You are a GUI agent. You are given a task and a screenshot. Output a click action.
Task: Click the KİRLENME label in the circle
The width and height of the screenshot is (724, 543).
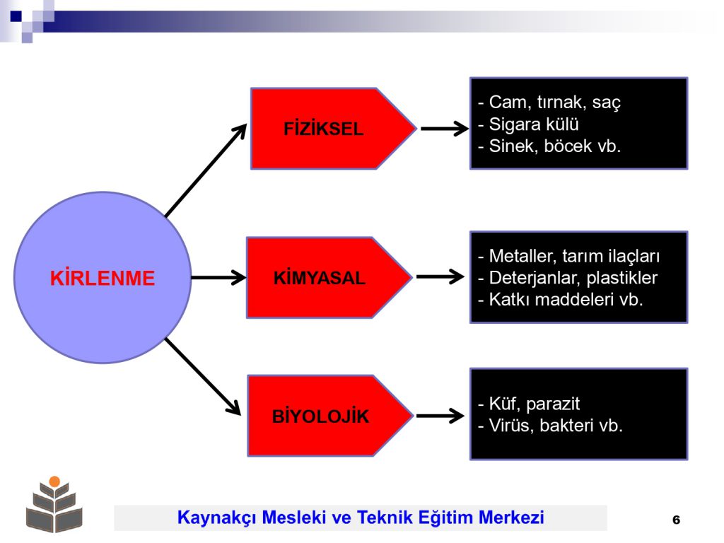[x=103, y=278]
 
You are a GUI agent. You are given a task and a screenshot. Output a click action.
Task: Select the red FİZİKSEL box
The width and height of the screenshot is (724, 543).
[x=333, y=129]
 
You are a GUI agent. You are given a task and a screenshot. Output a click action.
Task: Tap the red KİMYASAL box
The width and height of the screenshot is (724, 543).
[x=329, y=277]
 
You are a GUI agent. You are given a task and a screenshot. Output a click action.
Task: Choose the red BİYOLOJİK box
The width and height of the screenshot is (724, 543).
[x=329, y=416]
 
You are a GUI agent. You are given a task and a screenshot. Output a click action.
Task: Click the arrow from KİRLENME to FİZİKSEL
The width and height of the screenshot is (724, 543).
[x=206, y=170]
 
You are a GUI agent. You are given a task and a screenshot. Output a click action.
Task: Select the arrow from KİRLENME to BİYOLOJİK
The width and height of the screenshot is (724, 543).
[x=203, y=376]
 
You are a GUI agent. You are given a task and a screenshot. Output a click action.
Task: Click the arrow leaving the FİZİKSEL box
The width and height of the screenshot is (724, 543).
[x=445, y=129]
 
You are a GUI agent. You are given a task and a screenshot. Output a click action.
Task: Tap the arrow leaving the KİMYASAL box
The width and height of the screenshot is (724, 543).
[x=440, y=276]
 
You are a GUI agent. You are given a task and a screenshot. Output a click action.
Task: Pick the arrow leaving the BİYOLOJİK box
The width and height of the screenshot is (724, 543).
[x=440, y=416]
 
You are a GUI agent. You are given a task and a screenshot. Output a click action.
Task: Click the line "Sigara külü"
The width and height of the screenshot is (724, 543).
[x=528, y=124]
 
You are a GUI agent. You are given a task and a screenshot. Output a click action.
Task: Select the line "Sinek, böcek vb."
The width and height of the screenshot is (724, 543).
[x=549, y=146]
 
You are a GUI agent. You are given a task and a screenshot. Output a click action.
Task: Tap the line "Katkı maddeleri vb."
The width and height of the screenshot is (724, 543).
[x=561, y=300]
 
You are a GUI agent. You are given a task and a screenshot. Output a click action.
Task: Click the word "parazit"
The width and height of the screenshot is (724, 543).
[x=553, y=404]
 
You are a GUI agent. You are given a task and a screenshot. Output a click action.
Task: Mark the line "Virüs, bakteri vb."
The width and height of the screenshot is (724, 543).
[x=550, y=425]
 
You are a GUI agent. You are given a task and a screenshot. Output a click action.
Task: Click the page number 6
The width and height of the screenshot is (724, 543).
[x=677, y=520]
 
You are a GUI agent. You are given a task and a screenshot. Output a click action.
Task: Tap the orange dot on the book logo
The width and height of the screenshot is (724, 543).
[x=54, y=481]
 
